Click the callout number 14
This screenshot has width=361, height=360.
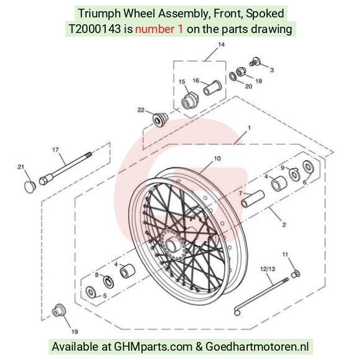point(221,44)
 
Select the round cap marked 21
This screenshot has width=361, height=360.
point(30,187)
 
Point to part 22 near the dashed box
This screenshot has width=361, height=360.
point(161,119)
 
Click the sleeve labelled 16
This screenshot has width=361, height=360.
point(212,88)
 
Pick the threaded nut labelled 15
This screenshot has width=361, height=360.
point(190,101)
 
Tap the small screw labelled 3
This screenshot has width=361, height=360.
point(255,62)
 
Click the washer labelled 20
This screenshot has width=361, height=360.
point(232,76)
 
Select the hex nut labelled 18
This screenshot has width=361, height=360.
point(241,72)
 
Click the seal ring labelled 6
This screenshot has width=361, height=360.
point(308,166)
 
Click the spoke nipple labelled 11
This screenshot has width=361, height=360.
point(296,274)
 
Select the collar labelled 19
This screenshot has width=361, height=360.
point(59,311)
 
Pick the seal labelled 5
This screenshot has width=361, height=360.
point(90,293)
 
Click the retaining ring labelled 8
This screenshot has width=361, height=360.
point(108,282)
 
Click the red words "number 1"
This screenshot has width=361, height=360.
point(159,29)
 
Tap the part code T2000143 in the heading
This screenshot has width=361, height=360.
point(95,29)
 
